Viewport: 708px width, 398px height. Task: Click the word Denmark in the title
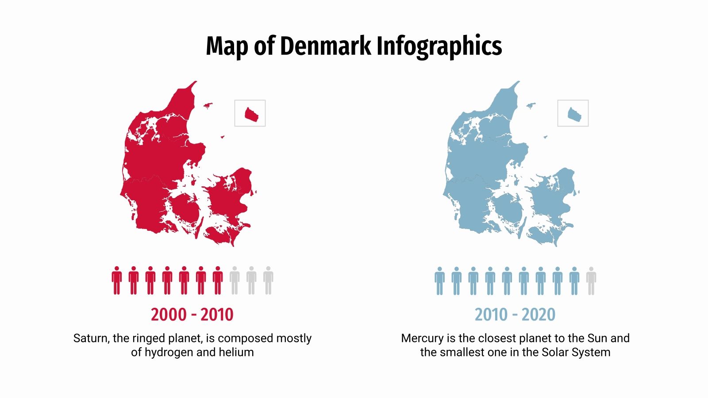pos(325,46)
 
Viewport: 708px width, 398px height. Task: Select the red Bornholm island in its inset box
pos(252,115)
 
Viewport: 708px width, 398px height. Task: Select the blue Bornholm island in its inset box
pos(575,115)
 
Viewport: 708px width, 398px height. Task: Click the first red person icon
pos(117,280)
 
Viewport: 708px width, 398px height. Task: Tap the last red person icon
pos(218,280)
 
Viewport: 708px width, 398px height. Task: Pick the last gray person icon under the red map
pos(268,280)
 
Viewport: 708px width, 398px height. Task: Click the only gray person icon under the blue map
pos(591,280)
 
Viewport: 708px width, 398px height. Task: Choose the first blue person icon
pos(439,280)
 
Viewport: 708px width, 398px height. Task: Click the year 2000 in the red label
pos(169,314)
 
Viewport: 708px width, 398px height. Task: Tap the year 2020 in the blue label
pos(538,314)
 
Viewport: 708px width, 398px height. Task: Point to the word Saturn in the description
pos(91,338)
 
